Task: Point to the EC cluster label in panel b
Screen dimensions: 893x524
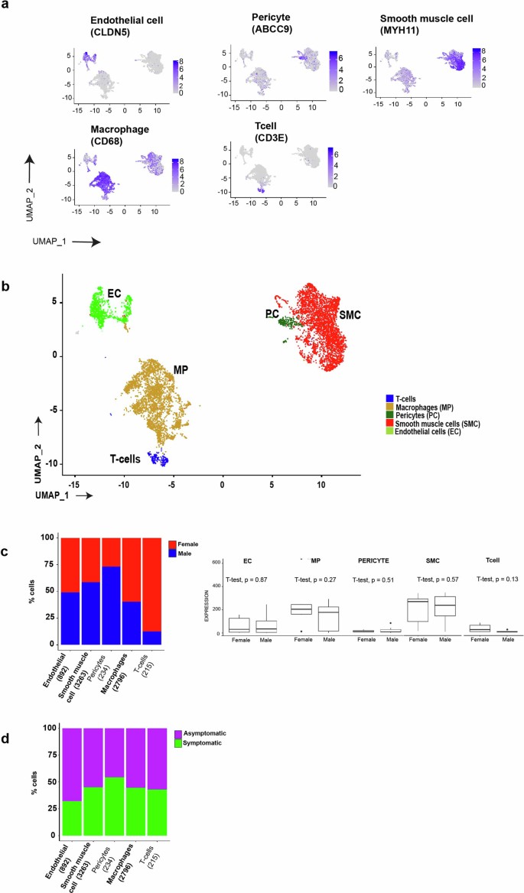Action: tap(112, 293)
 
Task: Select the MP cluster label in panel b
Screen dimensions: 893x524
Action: tap(181, 370)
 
